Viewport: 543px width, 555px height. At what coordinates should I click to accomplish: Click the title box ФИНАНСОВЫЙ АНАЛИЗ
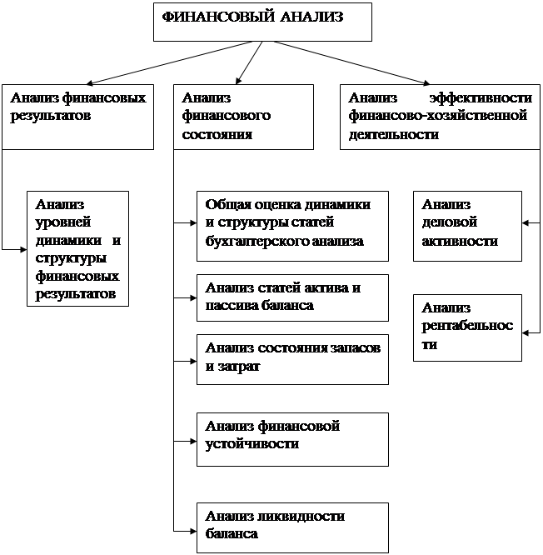[262, 22]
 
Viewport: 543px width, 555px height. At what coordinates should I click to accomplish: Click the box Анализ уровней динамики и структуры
[77, 248]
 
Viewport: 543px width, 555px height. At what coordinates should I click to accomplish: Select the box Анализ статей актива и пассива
[292, 297]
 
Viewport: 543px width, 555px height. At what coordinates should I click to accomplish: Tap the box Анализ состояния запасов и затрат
[292, 358]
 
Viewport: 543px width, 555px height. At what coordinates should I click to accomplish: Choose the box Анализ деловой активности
[467, 223]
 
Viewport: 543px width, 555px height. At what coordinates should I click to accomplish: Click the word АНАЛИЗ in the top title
[312, 17]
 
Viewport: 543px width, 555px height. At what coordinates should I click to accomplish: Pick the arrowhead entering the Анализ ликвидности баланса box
[192, 529]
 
